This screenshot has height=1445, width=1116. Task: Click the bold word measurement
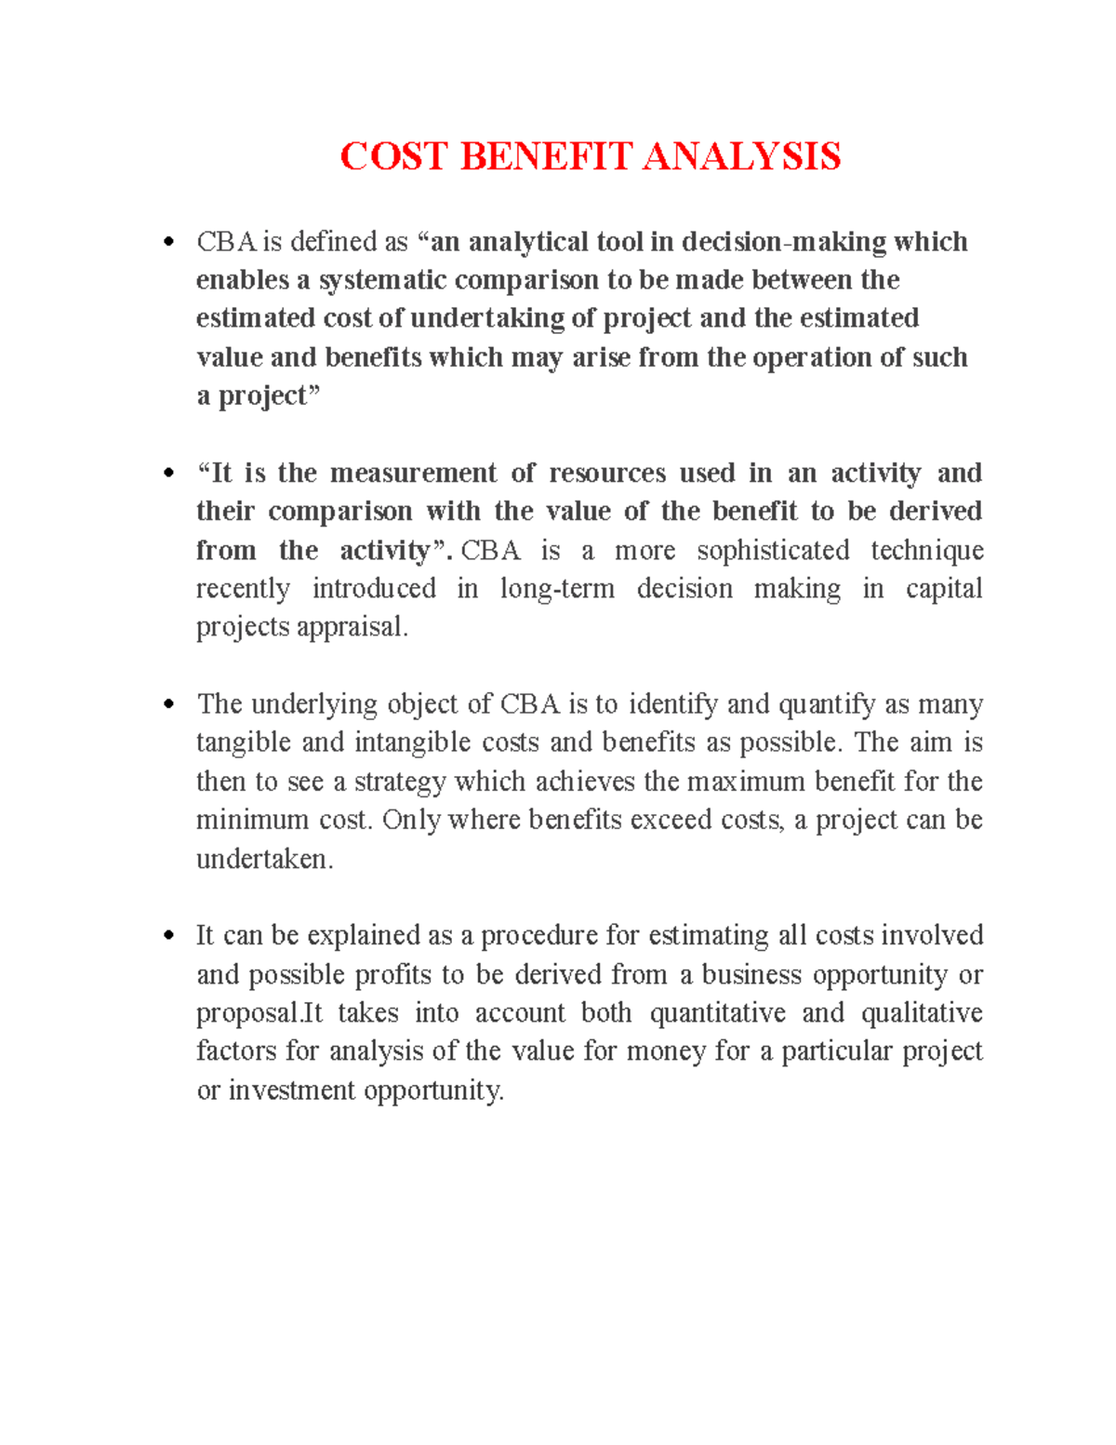tap(413, 473)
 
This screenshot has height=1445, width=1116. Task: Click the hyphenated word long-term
tap(557, 588)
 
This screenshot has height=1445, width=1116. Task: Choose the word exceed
tap(670, 820)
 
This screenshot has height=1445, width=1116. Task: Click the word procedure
tap(538, 935)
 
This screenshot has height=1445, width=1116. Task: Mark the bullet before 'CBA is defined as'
tap(168, 243)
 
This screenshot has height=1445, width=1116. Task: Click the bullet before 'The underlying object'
tap(168, 704)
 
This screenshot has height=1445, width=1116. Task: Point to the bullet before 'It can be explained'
tap(168, 936)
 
